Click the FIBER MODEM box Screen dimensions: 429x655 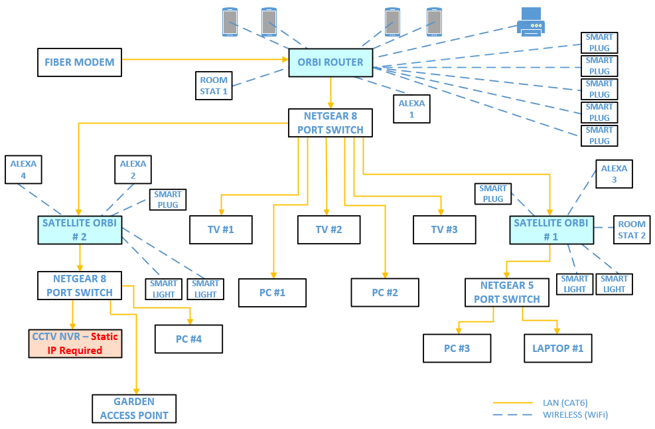point(80,62)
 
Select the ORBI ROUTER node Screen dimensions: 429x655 point(330,62)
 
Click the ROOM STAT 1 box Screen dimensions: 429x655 point(214,86)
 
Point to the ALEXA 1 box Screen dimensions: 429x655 point(411,109)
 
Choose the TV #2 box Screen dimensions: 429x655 point(328,230)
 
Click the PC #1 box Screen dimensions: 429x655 point(272,293)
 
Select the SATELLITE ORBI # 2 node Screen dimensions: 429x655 point(80,230)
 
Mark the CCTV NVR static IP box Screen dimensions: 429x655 point(76,343)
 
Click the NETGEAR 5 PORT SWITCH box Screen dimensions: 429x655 point(507,292)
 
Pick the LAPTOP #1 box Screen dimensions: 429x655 point(557,348)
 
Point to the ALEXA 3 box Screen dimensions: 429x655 point(614,174)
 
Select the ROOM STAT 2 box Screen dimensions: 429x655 point(632,230)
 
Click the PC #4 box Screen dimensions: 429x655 point(188,339)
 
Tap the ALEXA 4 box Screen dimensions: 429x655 point(23,169)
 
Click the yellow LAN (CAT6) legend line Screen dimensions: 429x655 point(512,402)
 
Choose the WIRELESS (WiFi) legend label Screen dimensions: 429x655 point(575,415)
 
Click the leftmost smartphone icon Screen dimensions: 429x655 point(230,22)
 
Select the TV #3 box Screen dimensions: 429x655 point(444,230)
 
